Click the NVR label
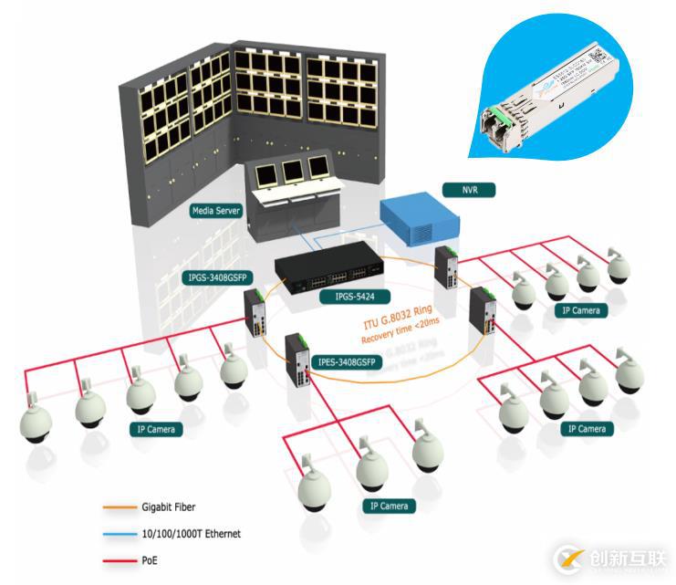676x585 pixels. coord(458,191)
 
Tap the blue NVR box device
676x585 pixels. coord(419,218)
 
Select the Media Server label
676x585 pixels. coord(216,211)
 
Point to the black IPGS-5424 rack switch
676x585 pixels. coord(328,267)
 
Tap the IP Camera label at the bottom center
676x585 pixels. coord(390,506)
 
